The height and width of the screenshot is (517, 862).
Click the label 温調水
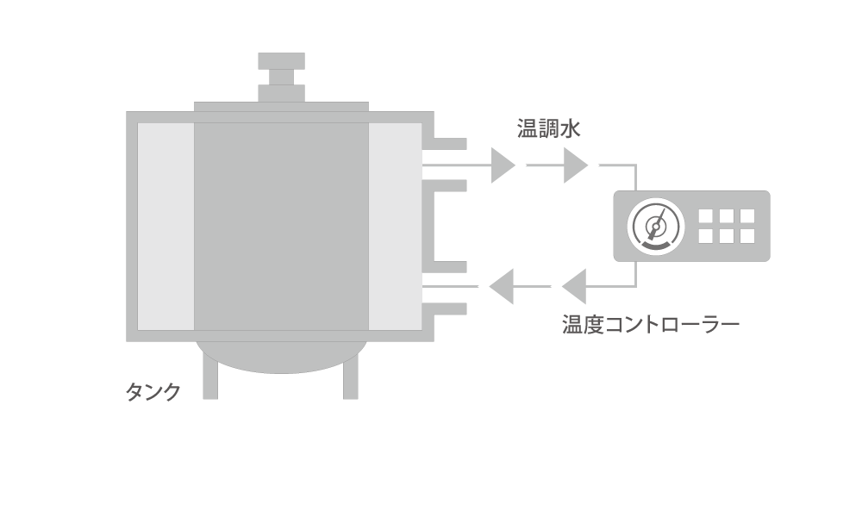(x=548, y=129)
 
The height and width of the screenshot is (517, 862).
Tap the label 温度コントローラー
(x=650, y=325)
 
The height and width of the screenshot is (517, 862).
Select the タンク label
(x=153, y=392)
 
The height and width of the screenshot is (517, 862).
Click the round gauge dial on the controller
(x=655, y=226)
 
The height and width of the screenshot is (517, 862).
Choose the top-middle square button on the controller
(x=726, y=216)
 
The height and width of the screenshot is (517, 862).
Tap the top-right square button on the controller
(x=746, y=216)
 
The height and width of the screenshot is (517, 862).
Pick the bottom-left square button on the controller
(x=705, y=236)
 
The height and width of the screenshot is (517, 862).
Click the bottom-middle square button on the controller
(x=726, y=236)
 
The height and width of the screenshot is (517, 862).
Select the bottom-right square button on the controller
(x=746, y=236)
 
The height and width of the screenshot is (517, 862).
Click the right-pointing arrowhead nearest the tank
(x=502, y=165)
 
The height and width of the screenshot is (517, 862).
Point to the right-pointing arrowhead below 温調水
(x=574, y=165)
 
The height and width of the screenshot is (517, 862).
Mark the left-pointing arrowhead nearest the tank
(x=503, y=286)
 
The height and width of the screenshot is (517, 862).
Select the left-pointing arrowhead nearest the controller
(x=575, y=286)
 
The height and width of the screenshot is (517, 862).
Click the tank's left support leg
(x=210, y=376)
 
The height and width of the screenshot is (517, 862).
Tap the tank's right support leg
(x=351, y=376)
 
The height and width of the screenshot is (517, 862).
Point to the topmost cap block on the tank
(x=282, y=61)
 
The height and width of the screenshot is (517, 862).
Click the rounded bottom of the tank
(x=282, y=357)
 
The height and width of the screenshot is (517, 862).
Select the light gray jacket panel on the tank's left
(x=166, y=227)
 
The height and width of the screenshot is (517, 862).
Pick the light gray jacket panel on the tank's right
(x=396, y=227)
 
